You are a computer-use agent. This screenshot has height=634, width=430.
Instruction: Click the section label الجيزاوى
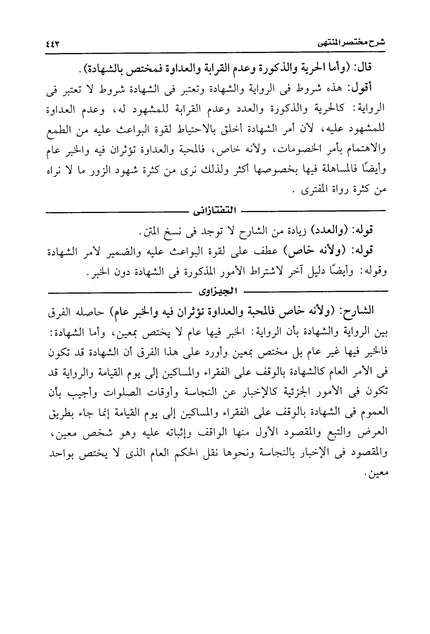[217, 292]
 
